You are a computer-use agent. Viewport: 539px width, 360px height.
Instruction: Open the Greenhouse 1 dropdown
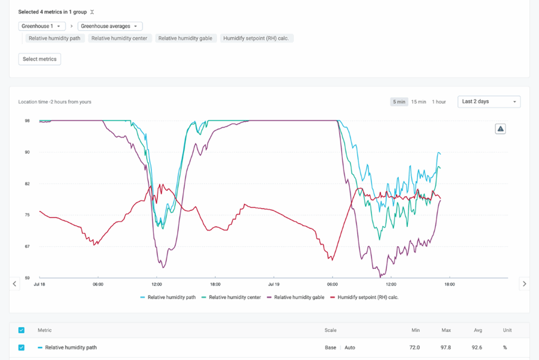42,26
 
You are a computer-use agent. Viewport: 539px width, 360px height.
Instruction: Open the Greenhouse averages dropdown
110,26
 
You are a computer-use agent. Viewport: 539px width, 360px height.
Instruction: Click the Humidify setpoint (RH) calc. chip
257,38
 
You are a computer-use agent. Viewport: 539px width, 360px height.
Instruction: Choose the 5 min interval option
399,102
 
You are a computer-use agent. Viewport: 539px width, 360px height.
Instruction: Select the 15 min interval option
419,102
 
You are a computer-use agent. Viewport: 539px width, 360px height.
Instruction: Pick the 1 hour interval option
439,102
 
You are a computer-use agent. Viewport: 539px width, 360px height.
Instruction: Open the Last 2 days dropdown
489,102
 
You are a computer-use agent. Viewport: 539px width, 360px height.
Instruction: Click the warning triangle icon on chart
500,129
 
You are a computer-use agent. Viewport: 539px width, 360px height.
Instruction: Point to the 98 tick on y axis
27,121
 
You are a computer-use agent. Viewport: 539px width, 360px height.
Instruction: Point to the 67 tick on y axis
27,246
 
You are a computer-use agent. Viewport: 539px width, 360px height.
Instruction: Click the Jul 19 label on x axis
274,284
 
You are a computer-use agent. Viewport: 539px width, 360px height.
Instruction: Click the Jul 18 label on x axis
39,284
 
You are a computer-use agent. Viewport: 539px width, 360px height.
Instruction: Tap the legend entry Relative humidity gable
296,297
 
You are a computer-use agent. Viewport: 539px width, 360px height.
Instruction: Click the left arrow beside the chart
15,284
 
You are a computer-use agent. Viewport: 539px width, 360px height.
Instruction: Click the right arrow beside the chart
524,284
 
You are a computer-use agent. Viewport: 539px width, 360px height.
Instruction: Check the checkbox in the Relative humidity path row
21,347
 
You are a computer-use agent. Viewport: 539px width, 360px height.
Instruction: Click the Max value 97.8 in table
447,347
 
